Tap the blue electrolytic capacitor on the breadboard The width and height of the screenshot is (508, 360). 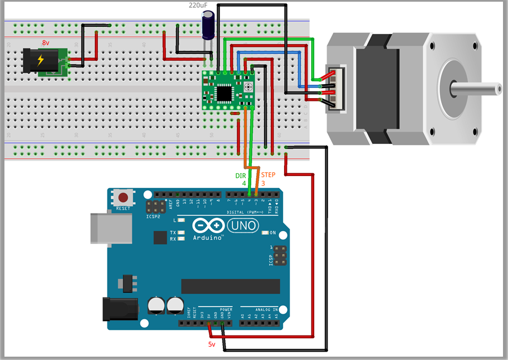click(209, 27)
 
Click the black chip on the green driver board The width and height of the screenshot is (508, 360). click(224, 93)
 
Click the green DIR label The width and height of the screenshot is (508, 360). click(241, 175)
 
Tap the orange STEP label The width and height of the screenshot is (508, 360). click(268, 175)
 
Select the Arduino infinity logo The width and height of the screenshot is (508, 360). click(208, 226)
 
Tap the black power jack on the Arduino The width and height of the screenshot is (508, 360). click(120, 309)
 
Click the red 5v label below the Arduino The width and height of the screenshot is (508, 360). click(212, 344)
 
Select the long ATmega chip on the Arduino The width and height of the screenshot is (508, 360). click(230, 286)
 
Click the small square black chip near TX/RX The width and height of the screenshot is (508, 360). click(160, 237)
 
